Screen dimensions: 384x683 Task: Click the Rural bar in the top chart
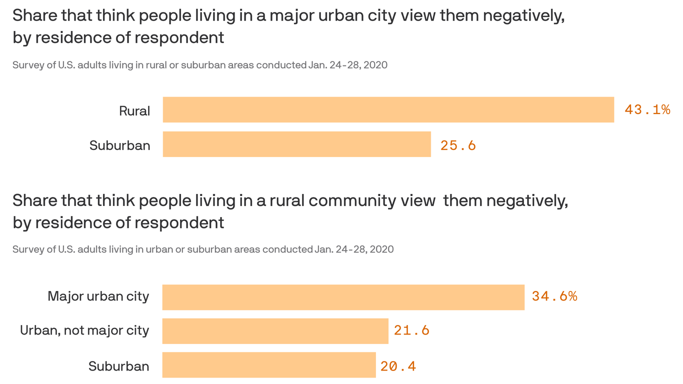tap(388, 109)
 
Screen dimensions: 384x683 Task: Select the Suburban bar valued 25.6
tap(296, 144)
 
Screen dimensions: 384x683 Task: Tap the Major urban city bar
tap(343, 297)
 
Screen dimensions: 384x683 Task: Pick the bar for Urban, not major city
tap(275, 330)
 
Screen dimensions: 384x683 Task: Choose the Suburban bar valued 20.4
tap(268, 365)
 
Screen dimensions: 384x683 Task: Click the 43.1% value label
tap(647, 109)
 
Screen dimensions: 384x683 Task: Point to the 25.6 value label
tap(458, 145)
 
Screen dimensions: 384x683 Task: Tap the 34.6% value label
tap(554, 296)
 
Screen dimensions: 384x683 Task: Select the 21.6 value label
tap(411, 330)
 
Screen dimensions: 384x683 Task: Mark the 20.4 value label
tap(398, 366)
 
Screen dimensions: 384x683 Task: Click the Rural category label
tap(134, 110)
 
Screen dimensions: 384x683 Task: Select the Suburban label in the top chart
tap(119, 145)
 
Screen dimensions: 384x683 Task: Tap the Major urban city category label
tap(98, 296)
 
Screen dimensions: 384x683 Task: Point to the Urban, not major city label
tap(84, 330)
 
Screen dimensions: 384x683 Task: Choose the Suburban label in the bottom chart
tap(118, 366)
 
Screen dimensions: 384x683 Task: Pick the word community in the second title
tap(353, 200)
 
